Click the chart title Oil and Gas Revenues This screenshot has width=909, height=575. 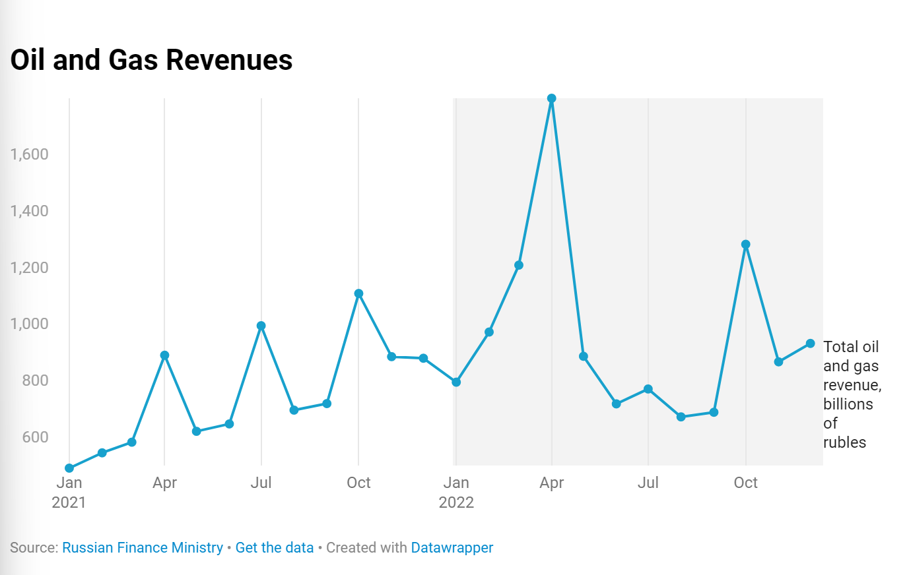coord(151,60)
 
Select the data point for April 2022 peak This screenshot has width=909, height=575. coord(552,99)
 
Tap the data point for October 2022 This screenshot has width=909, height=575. coord(746,245)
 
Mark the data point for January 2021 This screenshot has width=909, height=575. coord(69,468)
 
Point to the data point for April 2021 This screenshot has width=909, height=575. coord(165,355)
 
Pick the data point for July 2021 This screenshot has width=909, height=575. coord(261,326)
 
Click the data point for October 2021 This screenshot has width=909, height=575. coord(358,293)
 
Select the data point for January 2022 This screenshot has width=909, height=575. coord(456,382)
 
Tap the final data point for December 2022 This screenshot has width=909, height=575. coord(811,344)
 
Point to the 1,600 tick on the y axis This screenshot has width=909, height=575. coord(30,154)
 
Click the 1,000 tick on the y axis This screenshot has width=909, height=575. coord(30,324)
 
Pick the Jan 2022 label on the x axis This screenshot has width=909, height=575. coord(456,492)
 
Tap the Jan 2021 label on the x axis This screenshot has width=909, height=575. coord(69,492)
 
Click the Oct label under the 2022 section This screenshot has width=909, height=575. coord(746,483)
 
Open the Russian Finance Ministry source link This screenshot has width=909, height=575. coord(143,548)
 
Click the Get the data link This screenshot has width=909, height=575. coord(275,548)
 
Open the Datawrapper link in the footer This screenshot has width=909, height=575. coord(452,548)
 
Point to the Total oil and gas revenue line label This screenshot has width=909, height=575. coord(852,394)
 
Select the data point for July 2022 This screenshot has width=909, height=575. coord(648,389)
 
